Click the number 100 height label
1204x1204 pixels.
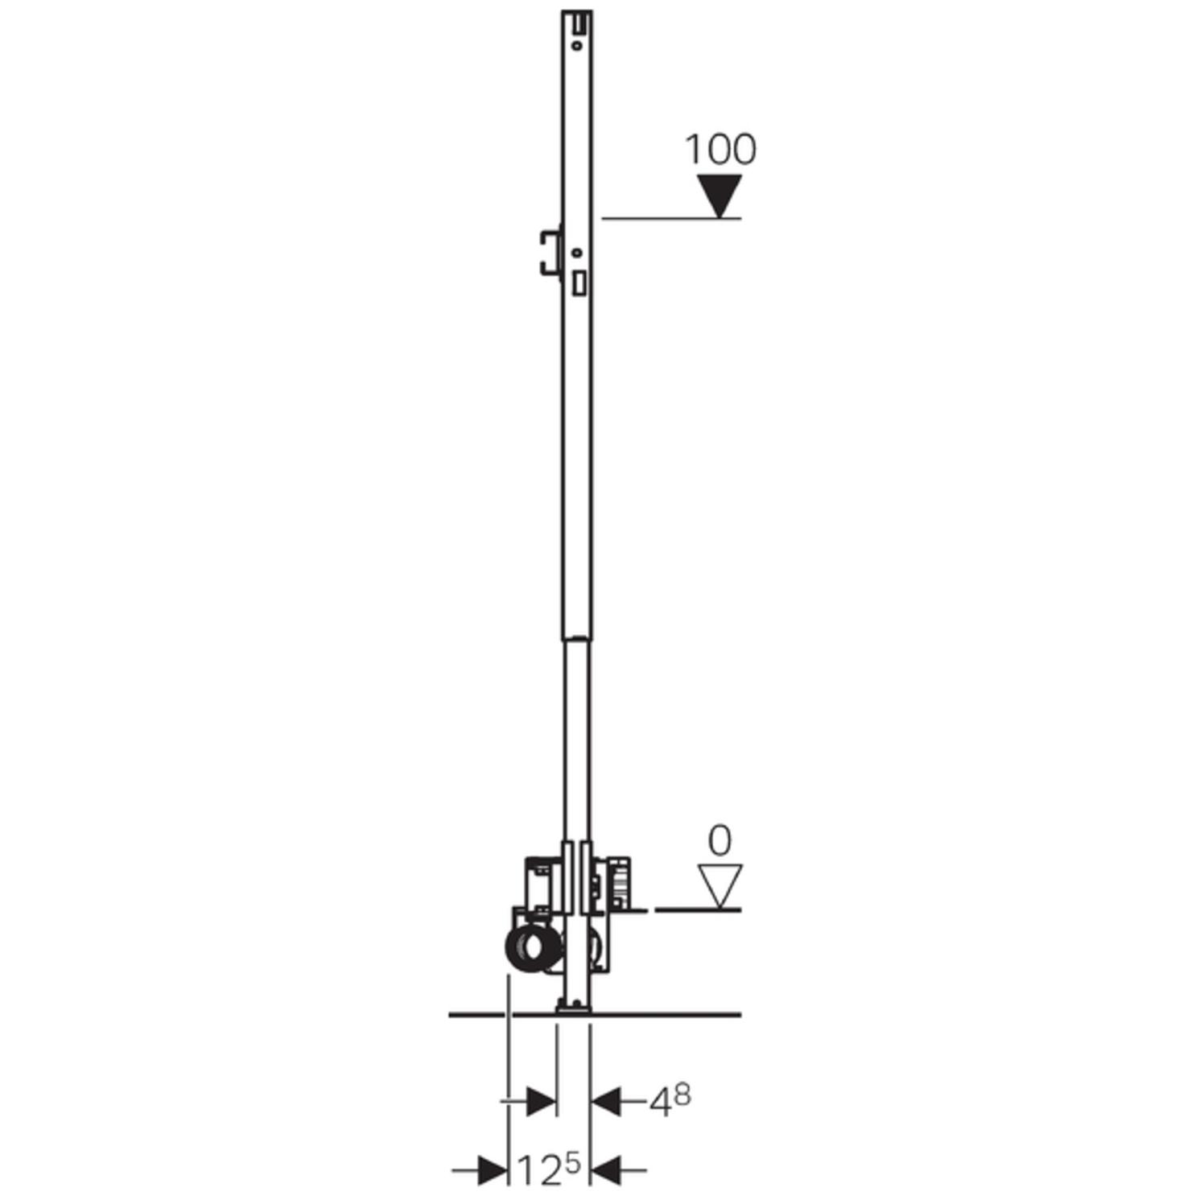click(x=720, y=150)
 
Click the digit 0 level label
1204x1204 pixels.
click(x=720, y=841)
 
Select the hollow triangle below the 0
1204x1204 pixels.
click(x=720, y=884)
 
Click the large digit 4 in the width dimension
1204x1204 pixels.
click(x=661, y=1103)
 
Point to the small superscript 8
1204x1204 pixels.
click(x=682, y=1095)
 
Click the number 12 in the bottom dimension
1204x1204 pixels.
click(x=538, y=1170)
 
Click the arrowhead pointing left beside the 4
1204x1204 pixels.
click(x=606, y=1101)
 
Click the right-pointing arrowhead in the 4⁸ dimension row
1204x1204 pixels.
click(x=541, y=1101)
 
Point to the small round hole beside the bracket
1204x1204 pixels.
click(x=576, y=253)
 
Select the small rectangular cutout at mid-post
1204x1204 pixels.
click(x=579, y=283)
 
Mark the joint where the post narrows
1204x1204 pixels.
click(x=575, y=639)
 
